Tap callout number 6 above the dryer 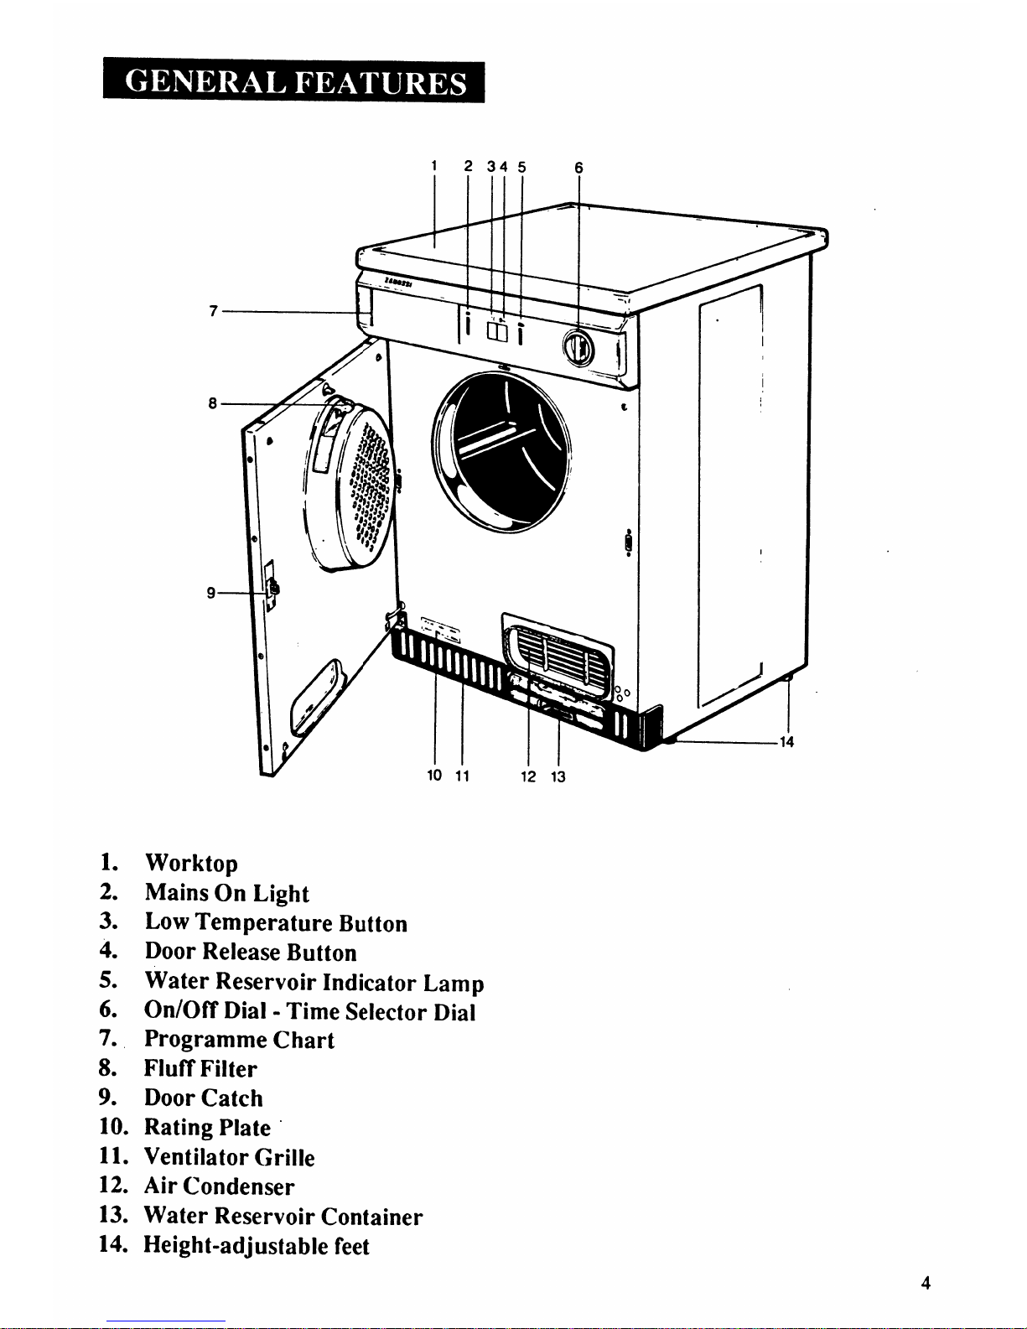tap(579, 168)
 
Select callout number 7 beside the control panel tap(213, 311)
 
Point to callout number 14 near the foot tap(786, 742)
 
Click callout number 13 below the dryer tap(558, 776)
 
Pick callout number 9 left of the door tap(211, 593)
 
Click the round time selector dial tap(578, 348)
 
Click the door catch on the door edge tap(270, 587)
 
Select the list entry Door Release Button tap(251, 952)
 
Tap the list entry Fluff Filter tap(200, 1068)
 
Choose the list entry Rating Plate tap(207, 1127)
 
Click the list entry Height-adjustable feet tap(257, 1246)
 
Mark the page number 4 tap(926, 1283)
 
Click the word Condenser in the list tap(238, 1186)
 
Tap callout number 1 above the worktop tap(434, 166)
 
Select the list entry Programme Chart tap(239, 1040)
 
